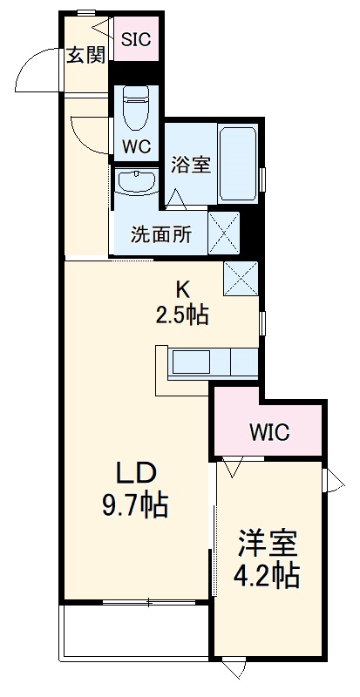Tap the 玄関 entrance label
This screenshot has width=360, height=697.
tap(87, 56)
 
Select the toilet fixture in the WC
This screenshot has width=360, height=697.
tap(136, 108)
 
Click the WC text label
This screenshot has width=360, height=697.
tap(136, 146)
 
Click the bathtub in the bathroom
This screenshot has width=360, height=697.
tap(238, 163)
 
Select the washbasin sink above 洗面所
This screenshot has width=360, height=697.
tap(136, 182)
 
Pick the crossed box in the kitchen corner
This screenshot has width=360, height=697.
tap(241, 277)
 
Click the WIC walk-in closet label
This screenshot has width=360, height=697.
tap(269, 432)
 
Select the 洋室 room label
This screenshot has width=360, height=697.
tap(268, 544)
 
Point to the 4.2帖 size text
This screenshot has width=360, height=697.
tap(268, 576)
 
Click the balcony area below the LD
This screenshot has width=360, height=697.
tap(135, 629)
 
